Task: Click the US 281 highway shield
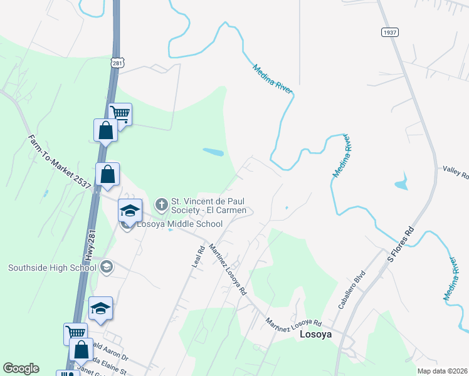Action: (117, 63)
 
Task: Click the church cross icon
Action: (161, 204)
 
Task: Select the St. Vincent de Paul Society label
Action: (211, 206)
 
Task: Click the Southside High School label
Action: (52, 268)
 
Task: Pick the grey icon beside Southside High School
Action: (106, 268)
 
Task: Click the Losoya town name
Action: (315, 335)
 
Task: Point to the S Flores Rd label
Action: (401, 243)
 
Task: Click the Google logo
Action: (21, 368)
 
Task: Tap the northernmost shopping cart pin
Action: (120, 114)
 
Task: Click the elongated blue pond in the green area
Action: (213, 152)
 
